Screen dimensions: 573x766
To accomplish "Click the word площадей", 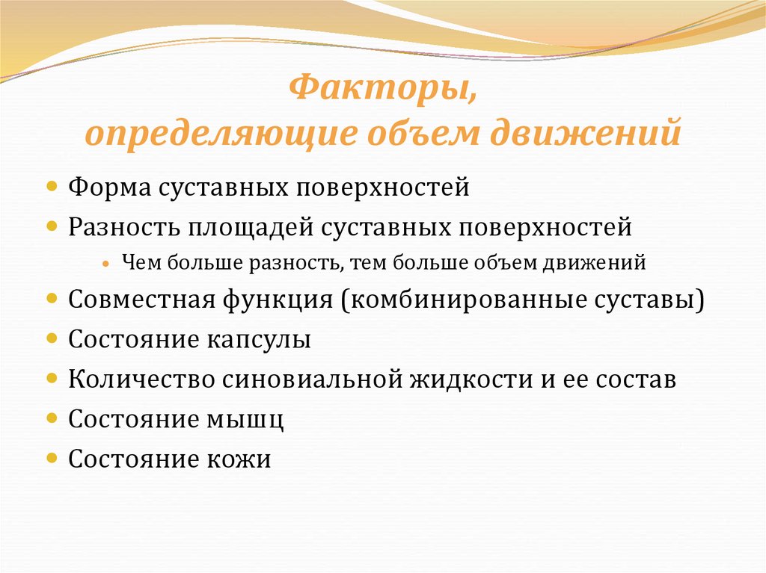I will click(x=252, y=226).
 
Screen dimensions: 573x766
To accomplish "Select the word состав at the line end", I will click(x=636, y=379).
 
